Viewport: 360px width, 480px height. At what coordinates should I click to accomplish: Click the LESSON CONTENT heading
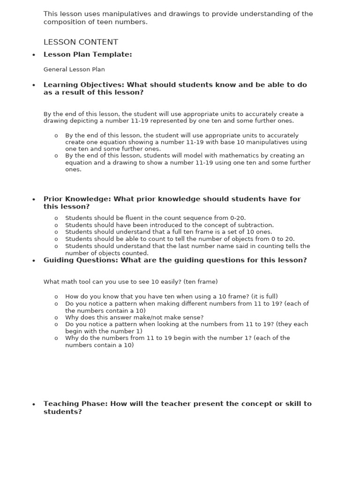(81, 42)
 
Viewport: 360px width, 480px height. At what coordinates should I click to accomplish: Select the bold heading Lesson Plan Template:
(88, 55)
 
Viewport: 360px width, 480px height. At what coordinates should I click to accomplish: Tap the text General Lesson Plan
(74, 69)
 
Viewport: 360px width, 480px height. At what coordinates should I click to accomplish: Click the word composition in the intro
(64, 22)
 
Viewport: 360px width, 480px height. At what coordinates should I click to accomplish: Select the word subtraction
(256, 225)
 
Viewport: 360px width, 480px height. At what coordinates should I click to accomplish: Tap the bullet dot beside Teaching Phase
(33, 405)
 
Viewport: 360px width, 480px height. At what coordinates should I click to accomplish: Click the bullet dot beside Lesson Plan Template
(33, 55)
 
